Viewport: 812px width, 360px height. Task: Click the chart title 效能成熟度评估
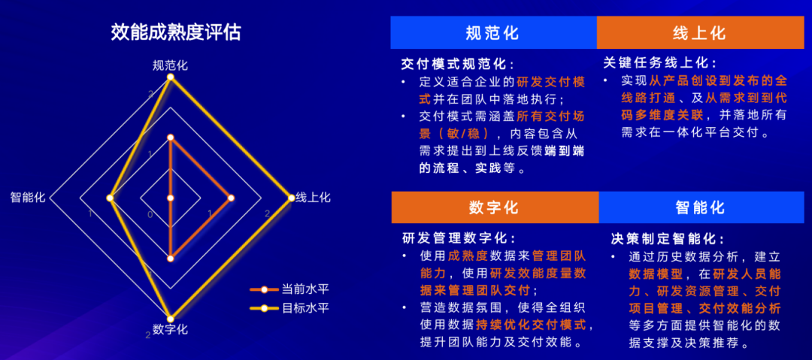pos(175,32)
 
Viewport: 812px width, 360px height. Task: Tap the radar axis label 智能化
pos(28,198)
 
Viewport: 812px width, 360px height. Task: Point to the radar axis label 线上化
pos(313,198)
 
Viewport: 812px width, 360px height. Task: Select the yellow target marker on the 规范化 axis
pos(171,77)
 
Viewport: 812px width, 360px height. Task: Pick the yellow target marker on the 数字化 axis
pos(171,318)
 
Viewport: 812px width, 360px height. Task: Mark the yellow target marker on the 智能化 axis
pos(110,198)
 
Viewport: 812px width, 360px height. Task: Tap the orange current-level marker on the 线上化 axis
pos(231,198)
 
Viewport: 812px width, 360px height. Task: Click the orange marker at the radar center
pos(171,198)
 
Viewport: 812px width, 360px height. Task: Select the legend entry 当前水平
pos(289,289)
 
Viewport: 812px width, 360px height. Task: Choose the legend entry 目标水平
pos(289,308)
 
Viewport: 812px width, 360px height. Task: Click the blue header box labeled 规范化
pos(493,32)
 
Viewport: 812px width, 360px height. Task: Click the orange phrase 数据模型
pos(653,274)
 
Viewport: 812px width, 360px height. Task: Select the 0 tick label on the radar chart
pos(150,214)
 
